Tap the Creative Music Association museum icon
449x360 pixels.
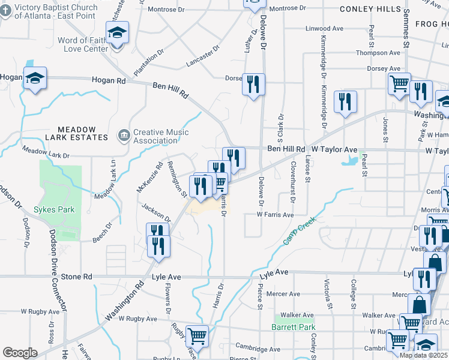(x=124, y=134)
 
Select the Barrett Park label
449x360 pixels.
(x=293, y=327)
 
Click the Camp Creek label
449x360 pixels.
(x=300, y=235)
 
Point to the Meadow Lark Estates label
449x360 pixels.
(x=83, y=133)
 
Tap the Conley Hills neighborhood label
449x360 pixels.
(x=370, y=9)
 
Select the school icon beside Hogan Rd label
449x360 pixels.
(x=35, y=78)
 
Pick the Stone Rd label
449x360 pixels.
(x=77, y=277)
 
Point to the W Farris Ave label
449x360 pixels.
(x=275, y=214)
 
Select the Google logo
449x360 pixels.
(x=20, y=353)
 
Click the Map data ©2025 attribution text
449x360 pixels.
(x=423, y=355)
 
